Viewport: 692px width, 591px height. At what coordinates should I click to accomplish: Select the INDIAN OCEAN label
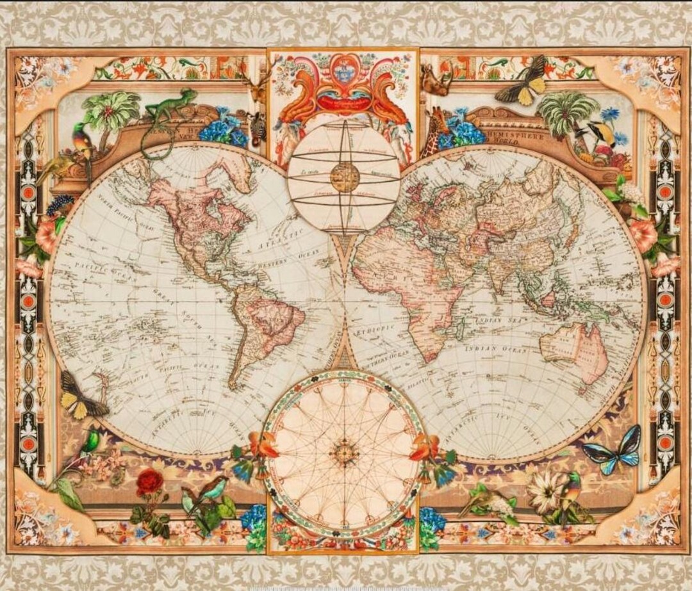click(x=496, y=350)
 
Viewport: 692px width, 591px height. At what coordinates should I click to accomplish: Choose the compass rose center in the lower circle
click(x=344, y=453)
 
